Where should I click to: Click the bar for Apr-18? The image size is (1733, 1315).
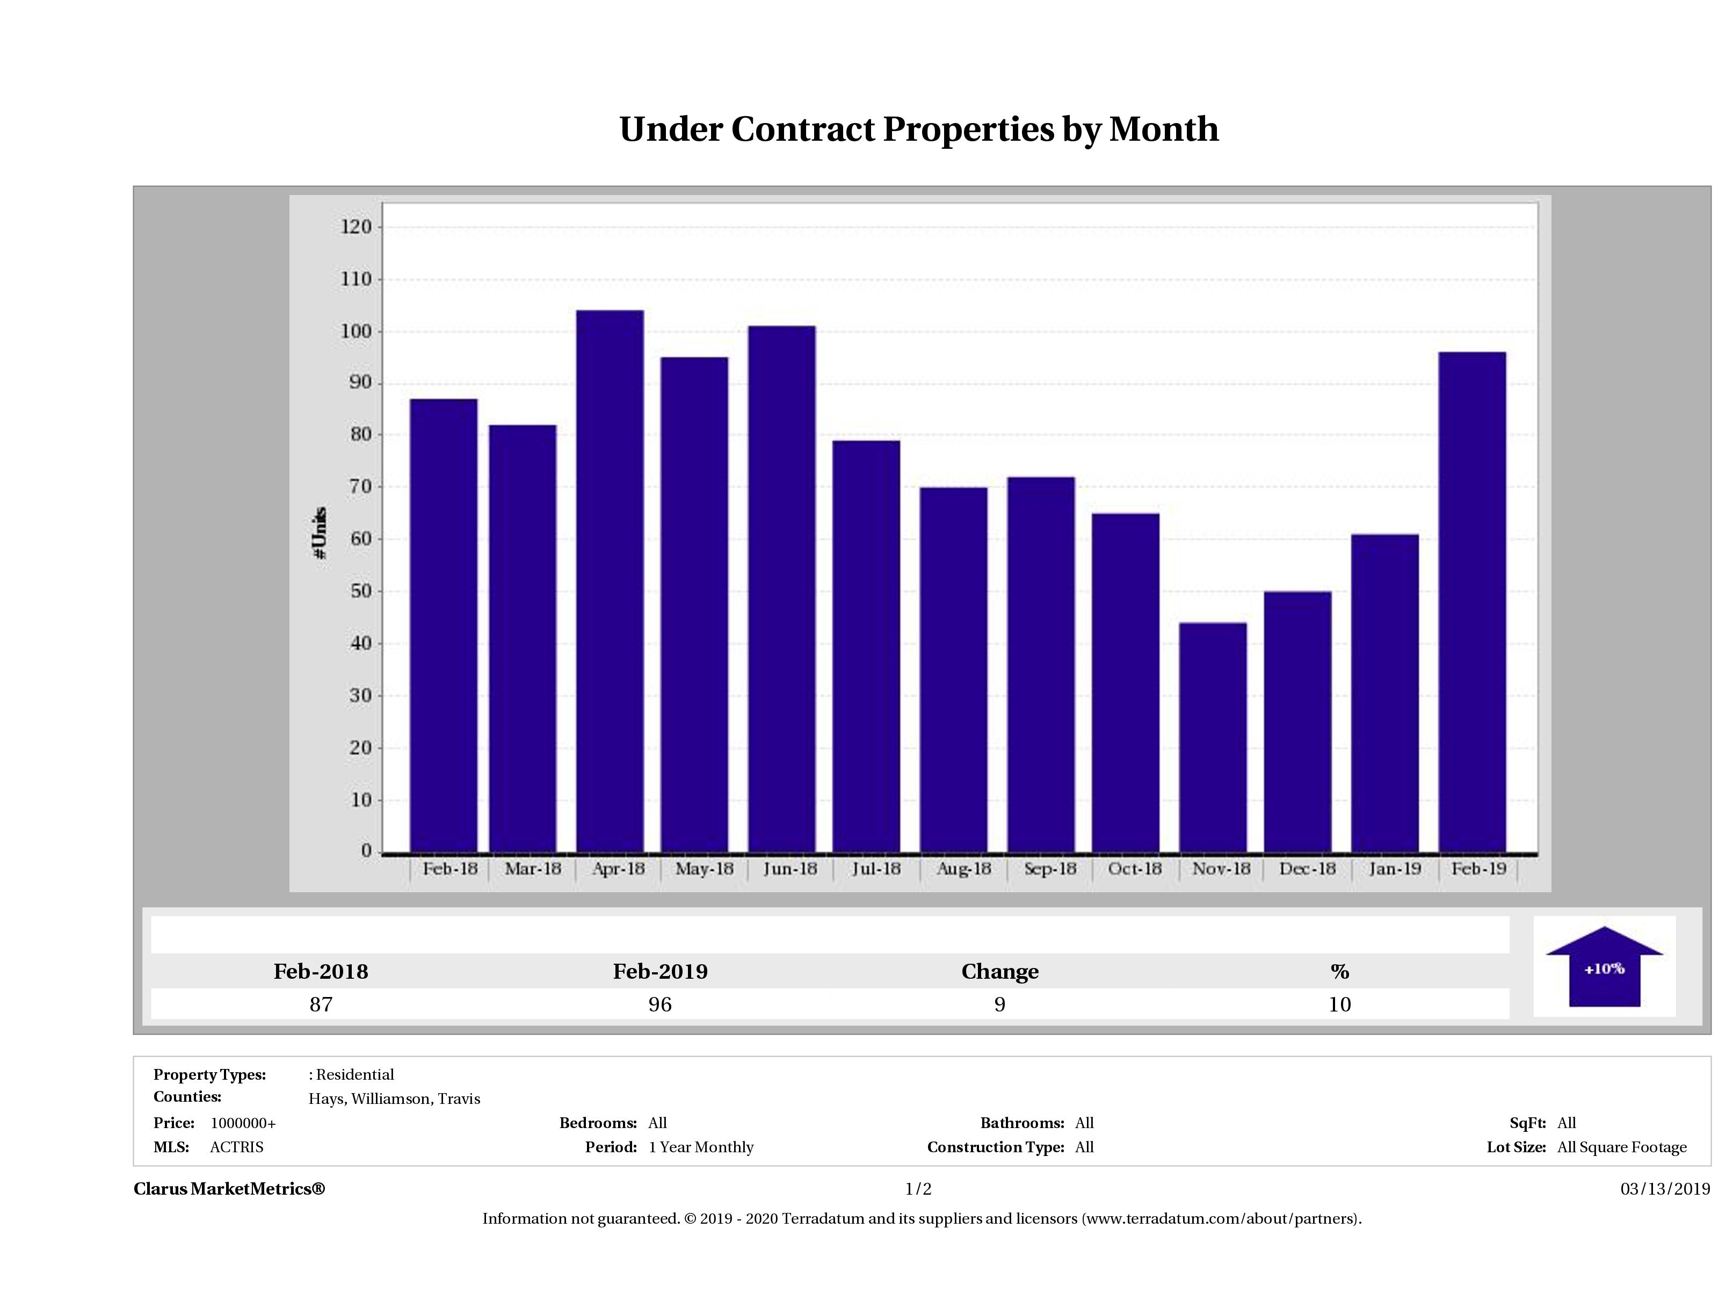(610, 581)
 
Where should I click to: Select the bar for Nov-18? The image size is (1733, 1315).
(1213, 736)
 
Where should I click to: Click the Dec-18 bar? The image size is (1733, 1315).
(1297, 721)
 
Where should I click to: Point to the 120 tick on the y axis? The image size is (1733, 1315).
(356, 227)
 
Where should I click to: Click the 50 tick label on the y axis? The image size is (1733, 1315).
(360, 591)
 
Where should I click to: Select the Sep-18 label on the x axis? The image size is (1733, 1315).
(1050, 868)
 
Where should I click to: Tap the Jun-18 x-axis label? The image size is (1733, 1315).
(790, 868)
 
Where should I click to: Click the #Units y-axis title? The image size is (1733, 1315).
(320, 533)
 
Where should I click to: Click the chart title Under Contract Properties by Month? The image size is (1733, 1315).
(919, 129)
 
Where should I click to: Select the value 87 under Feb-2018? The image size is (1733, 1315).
(321, 1004)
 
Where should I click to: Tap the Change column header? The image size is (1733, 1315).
(1000, 972)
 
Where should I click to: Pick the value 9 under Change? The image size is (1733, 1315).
(1000, 1004)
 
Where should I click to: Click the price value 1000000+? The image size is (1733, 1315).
(243, 1123)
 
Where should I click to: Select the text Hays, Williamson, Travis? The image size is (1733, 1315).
(394, 1099)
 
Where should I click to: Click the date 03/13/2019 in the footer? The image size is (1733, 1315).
(1665, 1189)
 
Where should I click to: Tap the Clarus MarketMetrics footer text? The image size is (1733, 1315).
(229, 1189)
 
